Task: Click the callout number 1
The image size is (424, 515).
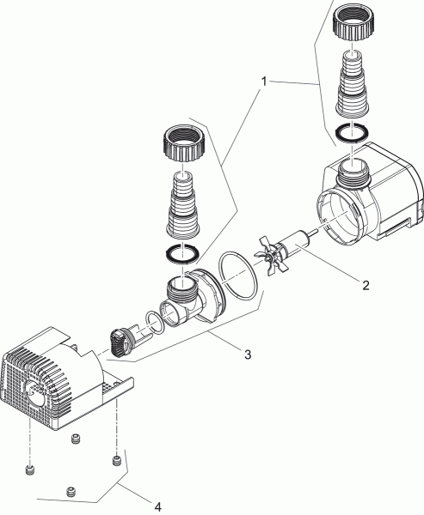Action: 264,82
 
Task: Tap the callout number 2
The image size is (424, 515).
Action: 366,285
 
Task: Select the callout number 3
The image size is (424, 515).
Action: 248,354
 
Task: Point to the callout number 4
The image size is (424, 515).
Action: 158,506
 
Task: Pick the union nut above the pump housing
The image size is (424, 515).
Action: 184,143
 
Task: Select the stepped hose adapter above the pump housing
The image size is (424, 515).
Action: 183,204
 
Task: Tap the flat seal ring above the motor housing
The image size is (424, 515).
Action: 351,134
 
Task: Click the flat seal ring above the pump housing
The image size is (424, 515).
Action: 181,254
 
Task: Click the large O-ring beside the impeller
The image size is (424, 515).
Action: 237,276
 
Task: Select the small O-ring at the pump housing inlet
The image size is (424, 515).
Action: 155,323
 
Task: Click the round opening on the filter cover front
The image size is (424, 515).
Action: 34,393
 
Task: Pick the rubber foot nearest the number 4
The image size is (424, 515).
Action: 71,491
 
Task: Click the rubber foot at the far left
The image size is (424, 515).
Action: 29,470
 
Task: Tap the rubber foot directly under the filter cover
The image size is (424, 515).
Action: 76,439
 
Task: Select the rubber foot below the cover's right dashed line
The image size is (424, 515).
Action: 116,460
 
